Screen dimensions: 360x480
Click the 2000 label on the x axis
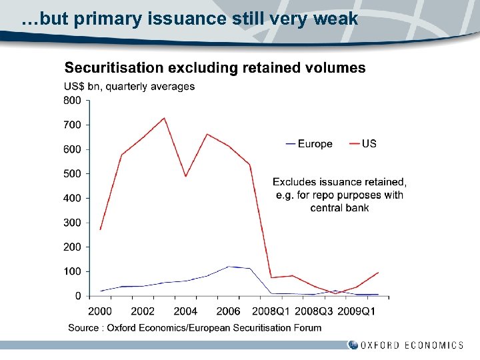point(100,311)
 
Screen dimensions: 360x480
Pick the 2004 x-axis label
point(185,311)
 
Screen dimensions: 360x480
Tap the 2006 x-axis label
point(228,311)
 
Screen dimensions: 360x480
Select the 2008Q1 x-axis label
point(271,311)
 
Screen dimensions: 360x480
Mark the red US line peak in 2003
point(164,118)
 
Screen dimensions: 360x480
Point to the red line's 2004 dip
point(185,176)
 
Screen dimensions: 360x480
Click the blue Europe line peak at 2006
point(228,267)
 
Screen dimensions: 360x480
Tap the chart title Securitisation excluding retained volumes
point(215,67)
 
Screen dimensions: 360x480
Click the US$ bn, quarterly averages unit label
point(129,86)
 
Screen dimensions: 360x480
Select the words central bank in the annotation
point(339,208)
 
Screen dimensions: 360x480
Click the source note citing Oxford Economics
point(195,327)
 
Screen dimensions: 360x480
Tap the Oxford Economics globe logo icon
point(352,345)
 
